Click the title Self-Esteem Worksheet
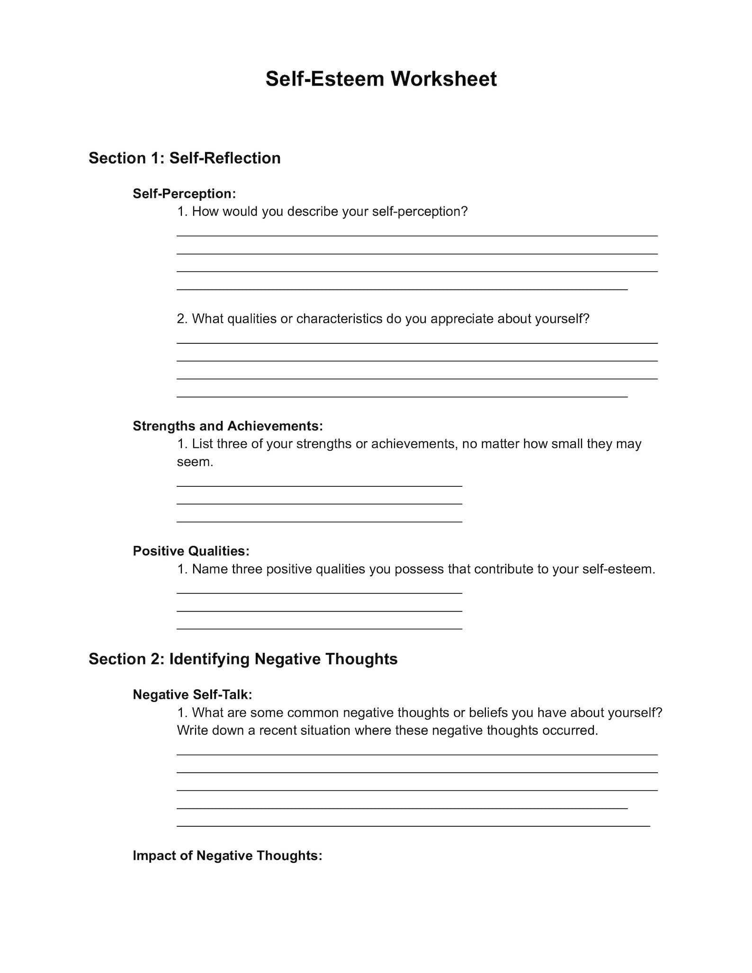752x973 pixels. [x=381, y=79]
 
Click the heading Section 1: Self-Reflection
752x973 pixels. [x=184, y=158]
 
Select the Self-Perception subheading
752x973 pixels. [x=184, y=194]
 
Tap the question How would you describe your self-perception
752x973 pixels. [x=322, y=212]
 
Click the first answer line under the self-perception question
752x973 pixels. [x=417, y=235]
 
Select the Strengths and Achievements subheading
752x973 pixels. [x=227, y=426]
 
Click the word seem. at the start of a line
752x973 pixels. [x=195, y=462]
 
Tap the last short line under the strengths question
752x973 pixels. [x=319, y=521]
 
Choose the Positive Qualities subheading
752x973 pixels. [x=191, y=551]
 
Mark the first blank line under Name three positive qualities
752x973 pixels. [x=319, y=593]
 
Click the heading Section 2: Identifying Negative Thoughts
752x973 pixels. [x=243, y=659]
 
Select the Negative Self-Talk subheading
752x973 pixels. [x=192, y=695]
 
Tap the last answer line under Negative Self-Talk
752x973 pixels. [x=413, y=826]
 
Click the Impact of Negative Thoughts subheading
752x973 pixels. [x=227, y=856]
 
